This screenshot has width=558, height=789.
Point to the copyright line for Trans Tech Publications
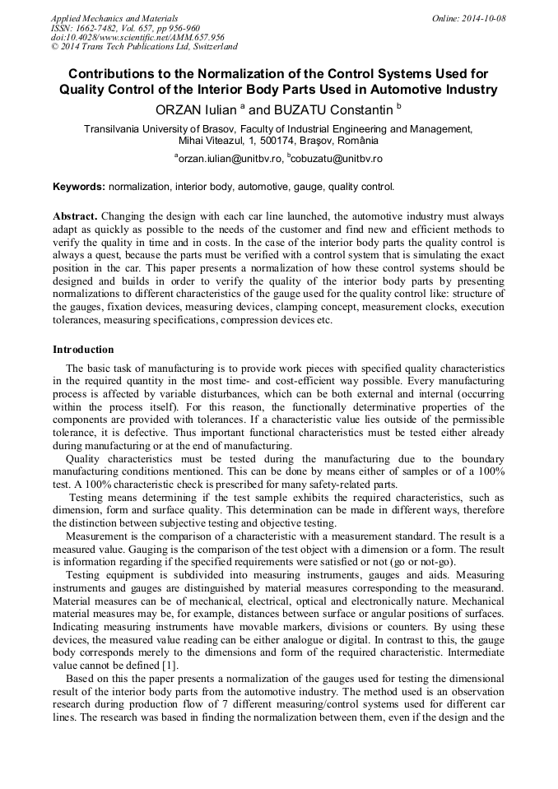144,47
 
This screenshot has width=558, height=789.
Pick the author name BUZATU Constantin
332,109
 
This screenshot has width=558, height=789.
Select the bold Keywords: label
79,187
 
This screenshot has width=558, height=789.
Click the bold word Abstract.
75,215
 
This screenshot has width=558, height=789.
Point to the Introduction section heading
83,350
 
